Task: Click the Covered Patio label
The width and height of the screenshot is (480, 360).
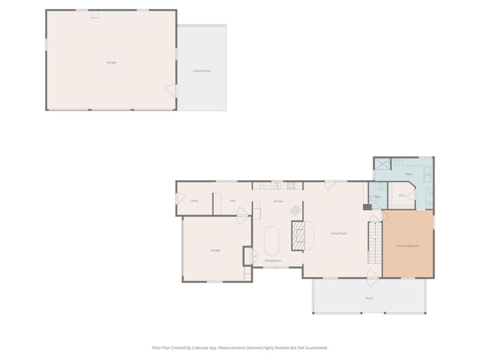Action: [202, 71]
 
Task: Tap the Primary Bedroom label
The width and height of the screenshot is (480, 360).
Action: [408, 246]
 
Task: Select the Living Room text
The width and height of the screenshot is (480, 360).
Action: [339, 233]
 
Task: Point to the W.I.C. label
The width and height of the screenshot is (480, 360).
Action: [402, 195]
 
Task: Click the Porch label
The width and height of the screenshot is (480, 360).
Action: [369, 298]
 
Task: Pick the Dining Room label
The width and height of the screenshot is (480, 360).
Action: [273, 261]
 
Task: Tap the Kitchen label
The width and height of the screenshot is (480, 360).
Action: [278, 202]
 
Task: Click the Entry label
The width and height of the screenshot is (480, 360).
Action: [195, 201]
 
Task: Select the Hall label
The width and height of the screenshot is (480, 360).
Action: [233, 201]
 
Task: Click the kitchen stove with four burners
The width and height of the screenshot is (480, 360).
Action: [291, 186]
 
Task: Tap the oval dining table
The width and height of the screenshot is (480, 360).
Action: [271, 241]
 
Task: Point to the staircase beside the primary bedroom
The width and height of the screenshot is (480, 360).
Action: [375, 243]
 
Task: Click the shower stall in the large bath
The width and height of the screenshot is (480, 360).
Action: [383, 164]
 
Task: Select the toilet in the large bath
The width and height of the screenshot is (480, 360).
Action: [397, 162]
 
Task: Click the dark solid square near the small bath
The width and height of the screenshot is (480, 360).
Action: [367, 207]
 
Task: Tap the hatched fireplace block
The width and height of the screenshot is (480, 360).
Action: [298, 235]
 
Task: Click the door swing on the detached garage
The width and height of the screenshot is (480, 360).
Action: [171, 90]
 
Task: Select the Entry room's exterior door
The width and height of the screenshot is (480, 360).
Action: [180, 199]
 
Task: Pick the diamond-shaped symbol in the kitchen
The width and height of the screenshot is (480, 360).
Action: [295, 210]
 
